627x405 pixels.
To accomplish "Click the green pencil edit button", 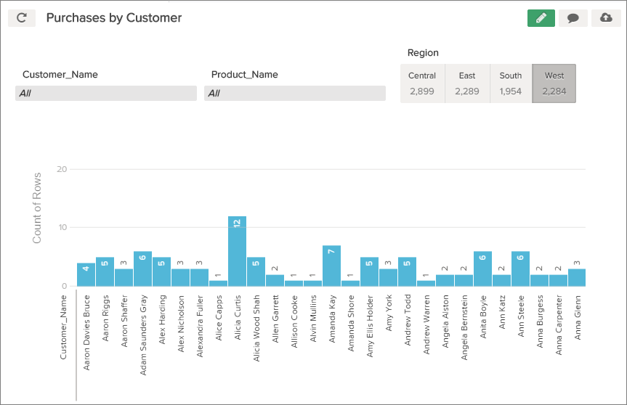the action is (x=541, y=18).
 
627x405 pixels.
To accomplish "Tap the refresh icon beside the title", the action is (x=22, y=18).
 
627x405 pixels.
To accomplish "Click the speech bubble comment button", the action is (x=573, y=18).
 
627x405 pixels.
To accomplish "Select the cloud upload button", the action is (x=606, y=18).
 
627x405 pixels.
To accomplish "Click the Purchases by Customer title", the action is (x=114, y=18).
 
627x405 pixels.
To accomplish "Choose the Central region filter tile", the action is (x=422, y=83).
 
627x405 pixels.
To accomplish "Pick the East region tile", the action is (x=467, y=83).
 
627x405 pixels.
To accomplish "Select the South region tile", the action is (x=511, y=83).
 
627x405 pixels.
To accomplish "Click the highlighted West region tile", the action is (x=554, y=83).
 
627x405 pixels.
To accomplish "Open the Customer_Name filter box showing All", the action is (x=106, y=93).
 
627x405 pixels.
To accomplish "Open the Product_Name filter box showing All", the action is (x=295, y=93).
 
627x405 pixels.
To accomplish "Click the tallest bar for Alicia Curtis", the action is (x=237, y=251).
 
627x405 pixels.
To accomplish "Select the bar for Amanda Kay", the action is (x=331, y=266).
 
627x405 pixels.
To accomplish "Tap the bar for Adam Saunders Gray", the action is (x=142, y=269).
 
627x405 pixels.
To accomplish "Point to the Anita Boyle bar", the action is (x=482, y=269).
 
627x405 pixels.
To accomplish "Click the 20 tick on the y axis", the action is (x=62, y=169).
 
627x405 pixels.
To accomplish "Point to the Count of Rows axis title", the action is (x=37, y=208).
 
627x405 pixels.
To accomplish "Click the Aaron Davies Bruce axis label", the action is (x=86, y=332).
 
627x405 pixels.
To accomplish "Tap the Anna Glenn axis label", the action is (x=578, y=318).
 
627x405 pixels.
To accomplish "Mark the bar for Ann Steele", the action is (x=520, y=269).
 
